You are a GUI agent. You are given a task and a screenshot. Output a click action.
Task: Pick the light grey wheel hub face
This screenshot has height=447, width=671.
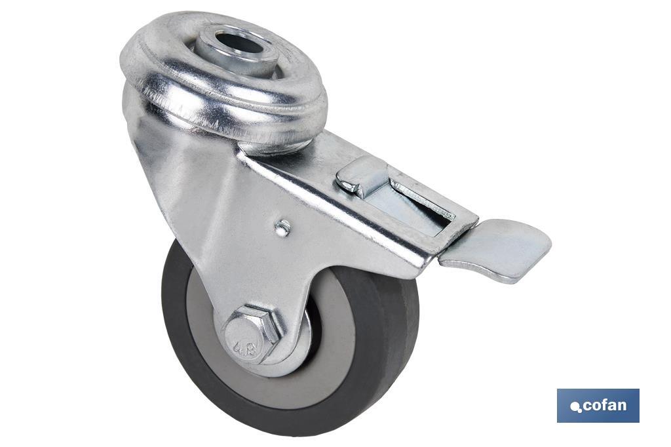click(341, 341)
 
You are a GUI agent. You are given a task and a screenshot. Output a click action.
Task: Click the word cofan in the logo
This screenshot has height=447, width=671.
click(604, 405)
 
